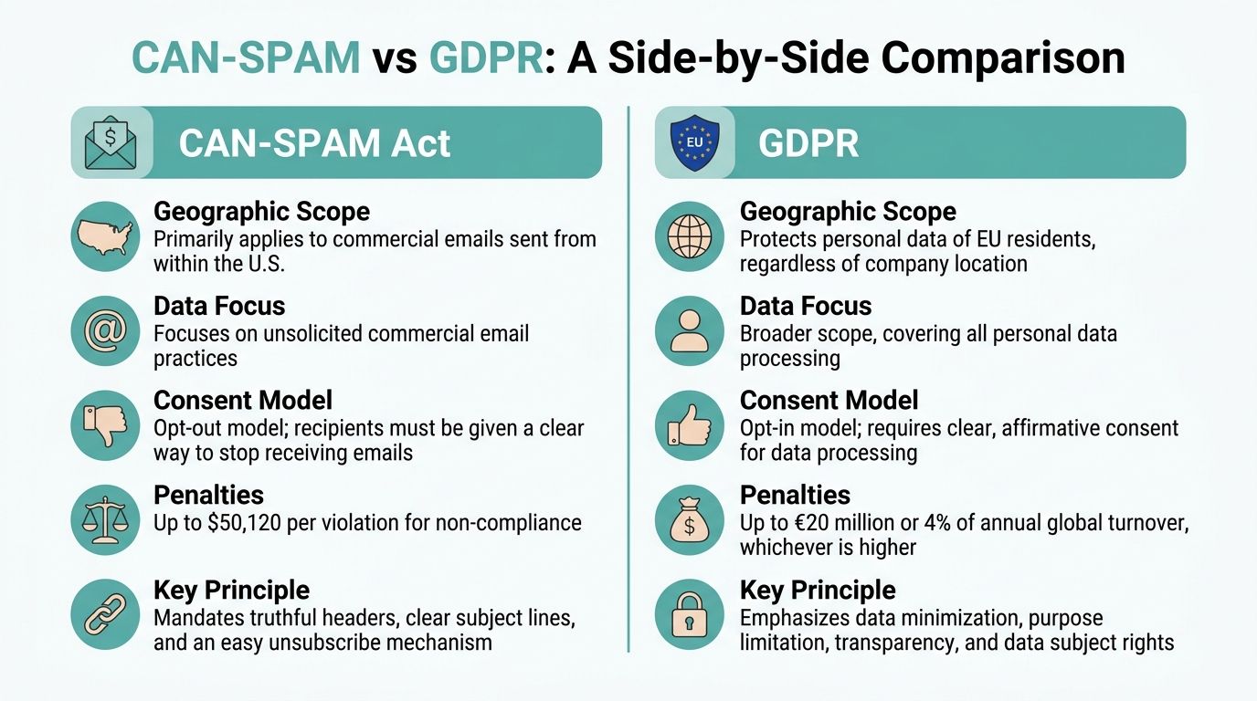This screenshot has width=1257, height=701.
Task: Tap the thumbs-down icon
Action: pyautogui.click(x=105, y=426)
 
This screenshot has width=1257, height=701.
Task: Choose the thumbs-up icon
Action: pyautogui.click(x=691, y=426)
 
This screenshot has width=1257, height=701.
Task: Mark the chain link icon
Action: pyautogui.click(x=105, y=615)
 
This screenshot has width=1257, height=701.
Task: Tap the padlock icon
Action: pyautogui.click(x=691, y=615)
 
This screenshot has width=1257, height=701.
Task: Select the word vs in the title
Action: pyautogui.click(x=394, y=58)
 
